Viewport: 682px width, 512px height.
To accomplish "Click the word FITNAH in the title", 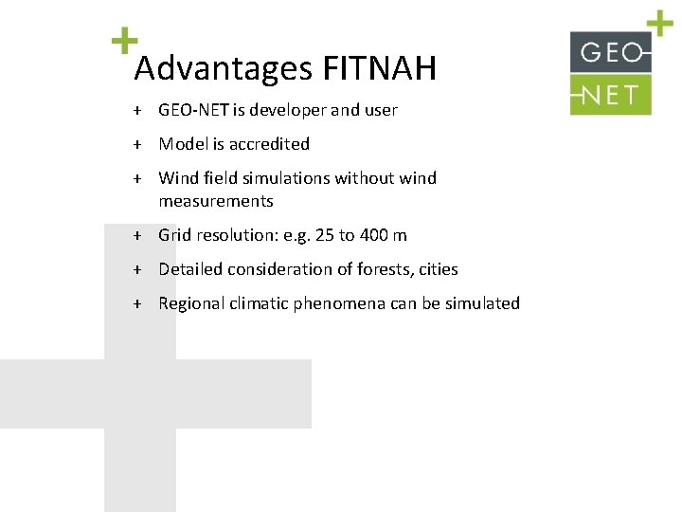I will pos(380,68).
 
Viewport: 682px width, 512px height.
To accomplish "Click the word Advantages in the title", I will pos(224,69).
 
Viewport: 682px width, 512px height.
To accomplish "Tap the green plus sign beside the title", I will pos(123,40).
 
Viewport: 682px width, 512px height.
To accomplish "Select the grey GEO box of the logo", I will pos(611,52).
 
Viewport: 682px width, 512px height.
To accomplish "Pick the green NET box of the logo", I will pos(611,94).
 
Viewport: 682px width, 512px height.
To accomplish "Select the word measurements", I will pos(216,201).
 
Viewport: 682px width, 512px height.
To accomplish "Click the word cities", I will pos(438,269).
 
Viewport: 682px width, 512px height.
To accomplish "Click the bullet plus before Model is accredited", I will pos(137,144).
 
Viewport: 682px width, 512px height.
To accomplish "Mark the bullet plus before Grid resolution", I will pos(137,235).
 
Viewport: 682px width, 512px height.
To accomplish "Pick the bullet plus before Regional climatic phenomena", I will pos(137,303).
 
